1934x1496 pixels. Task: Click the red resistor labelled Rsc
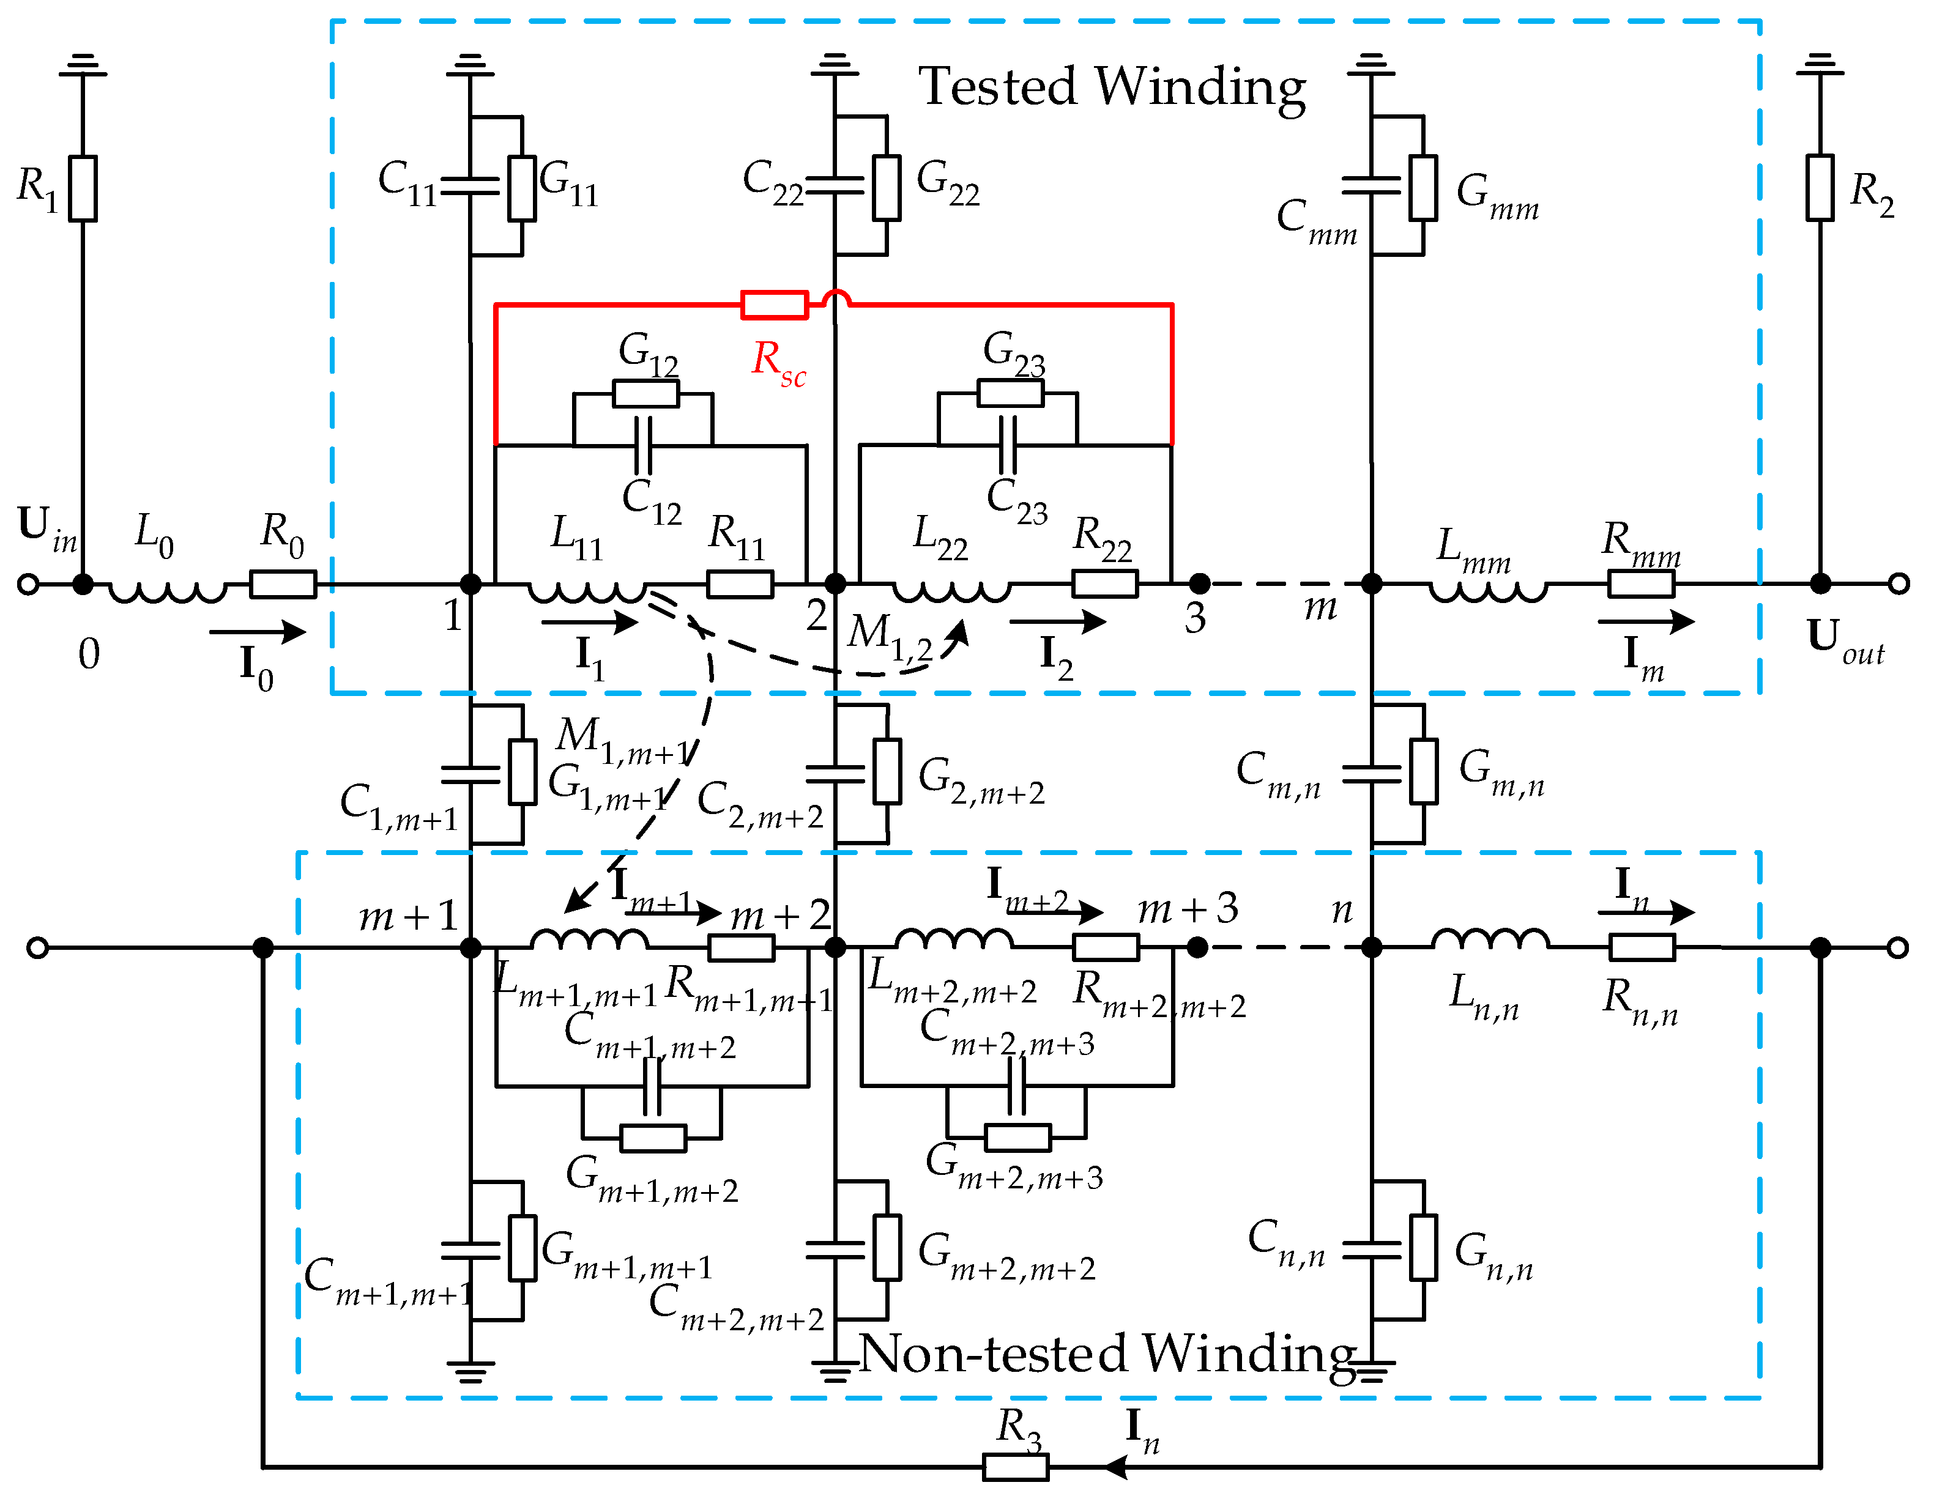(x=774, y=305)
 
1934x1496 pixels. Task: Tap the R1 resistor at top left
(x=83, y=188)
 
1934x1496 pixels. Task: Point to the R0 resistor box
(x=283, y=584)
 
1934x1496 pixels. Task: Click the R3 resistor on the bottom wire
(x=1016, y=1467)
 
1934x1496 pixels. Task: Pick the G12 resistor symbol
(x=645, y=394)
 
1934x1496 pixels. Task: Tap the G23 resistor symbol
(x=1010, y=393)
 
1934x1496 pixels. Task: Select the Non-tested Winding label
(x=1107, y=1353)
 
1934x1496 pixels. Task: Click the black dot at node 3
(x=1199, y=583)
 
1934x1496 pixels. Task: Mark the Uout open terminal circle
(x=1898, y=583)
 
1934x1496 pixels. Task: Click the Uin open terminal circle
(x=28, y=584)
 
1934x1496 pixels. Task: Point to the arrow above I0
(x=258, y=631)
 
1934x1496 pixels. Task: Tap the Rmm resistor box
(x=1641, y=584)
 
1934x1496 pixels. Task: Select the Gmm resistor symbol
(x=1423, y=188)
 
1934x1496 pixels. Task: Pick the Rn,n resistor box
(x=1642, y=947)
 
